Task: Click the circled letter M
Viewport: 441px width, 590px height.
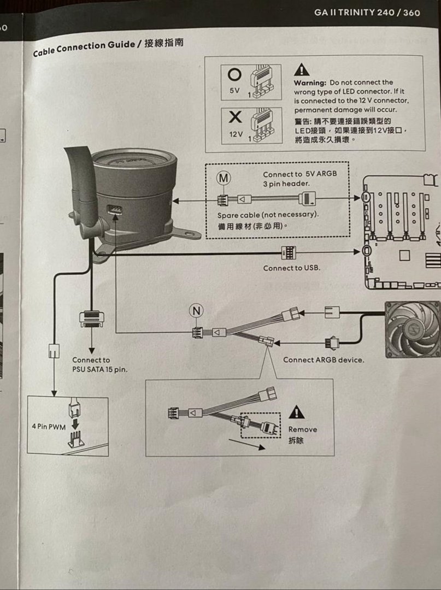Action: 224,179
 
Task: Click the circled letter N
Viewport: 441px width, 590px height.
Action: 196,311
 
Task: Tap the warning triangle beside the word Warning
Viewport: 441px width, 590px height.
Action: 302,69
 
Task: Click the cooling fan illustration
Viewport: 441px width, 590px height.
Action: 413,329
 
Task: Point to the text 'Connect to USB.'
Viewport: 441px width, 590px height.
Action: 292,268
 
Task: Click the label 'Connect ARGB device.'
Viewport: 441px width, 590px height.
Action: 324,360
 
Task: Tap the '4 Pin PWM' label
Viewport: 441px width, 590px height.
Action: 49,426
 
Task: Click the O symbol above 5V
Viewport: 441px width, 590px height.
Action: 235,74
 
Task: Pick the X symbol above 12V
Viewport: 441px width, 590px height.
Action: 235,117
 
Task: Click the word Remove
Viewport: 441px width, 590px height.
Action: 303,429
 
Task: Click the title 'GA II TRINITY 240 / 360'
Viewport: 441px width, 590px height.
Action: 367,12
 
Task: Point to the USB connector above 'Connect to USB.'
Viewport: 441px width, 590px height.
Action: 288,252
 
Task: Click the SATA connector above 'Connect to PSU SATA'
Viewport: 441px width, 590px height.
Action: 91,319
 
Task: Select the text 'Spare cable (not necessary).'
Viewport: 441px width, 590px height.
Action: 268,215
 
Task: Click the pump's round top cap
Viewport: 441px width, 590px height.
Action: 134,158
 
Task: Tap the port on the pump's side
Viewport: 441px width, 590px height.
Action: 115,210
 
